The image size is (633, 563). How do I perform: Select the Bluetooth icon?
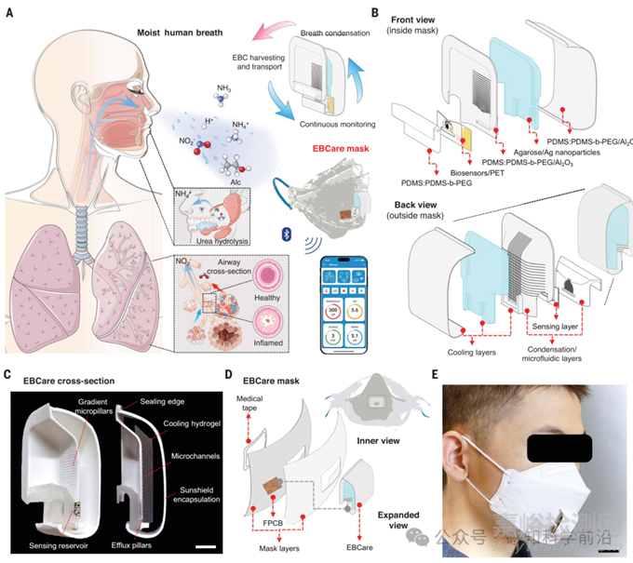coord(276,228)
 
